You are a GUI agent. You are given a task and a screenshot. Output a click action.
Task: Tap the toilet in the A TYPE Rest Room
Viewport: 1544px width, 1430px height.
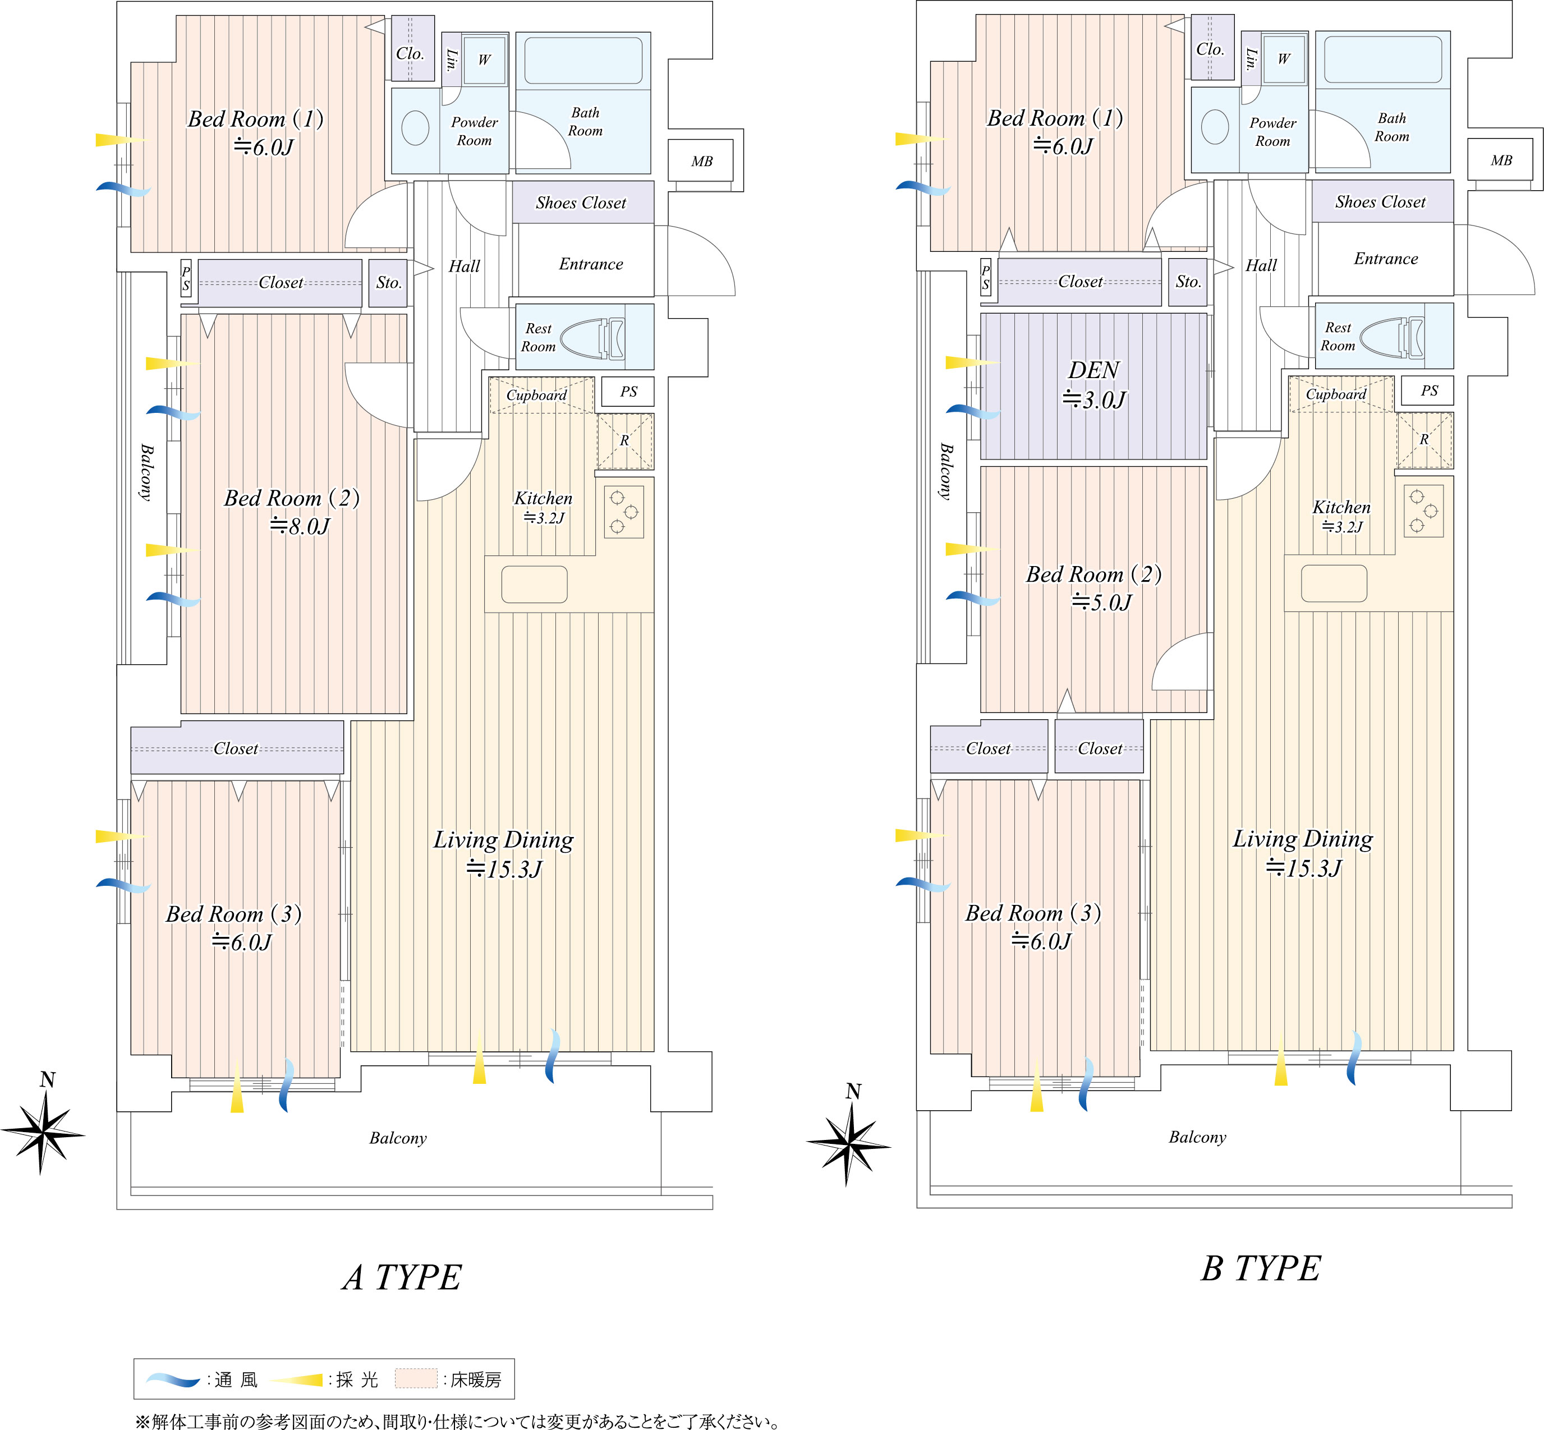592,338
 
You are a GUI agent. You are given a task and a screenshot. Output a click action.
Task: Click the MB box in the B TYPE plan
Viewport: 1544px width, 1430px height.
1501,160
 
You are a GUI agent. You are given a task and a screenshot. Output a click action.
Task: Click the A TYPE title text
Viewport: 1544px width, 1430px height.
402,1277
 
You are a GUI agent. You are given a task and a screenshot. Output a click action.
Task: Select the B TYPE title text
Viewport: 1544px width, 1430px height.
1261,1269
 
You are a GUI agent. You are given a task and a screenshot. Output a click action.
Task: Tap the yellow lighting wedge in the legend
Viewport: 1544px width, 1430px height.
296,1380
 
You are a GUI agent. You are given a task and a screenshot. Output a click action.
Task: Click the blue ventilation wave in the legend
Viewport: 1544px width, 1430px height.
174,1380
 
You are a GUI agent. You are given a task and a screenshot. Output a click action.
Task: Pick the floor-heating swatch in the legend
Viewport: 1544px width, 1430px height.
416,1379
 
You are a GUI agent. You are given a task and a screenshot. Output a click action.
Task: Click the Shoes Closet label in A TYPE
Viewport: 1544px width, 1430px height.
581,203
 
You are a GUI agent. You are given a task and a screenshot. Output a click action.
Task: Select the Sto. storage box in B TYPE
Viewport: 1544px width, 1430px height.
1187,282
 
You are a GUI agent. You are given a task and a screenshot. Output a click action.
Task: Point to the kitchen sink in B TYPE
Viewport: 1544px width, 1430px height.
1334,583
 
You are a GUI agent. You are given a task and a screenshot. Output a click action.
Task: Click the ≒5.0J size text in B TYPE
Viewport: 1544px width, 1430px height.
1101,602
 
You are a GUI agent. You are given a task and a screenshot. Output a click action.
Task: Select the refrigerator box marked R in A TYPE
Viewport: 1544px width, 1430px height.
624,441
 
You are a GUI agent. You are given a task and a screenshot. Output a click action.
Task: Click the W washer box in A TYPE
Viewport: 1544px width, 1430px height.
485,59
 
